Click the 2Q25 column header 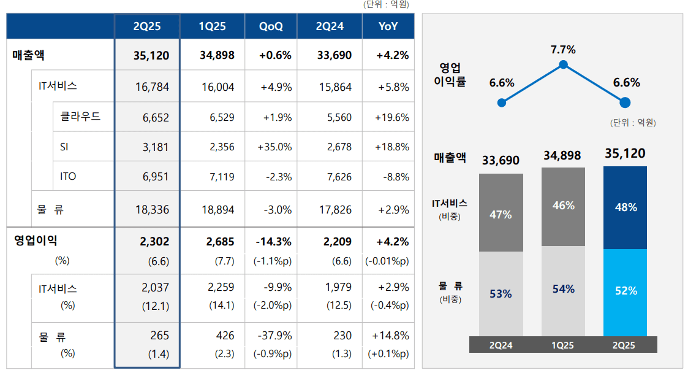coord(147,26)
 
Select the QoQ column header coord(271,26)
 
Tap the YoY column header coord(388,26)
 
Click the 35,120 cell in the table coord(151,56)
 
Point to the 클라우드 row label coord(80,117)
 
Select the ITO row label coord(69,177)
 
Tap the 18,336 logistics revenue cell coord(152,210)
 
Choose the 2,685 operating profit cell coord(217,242)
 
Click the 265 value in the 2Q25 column coord(159,336)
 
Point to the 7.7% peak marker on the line coord(563,64)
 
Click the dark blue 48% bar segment coord(626,207)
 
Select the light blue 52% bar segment coord(626,291)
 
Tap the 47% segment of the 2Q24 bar coord(501,215)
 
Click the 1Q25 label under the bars coord(563,345)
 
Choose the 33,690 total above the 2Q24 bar coord(501,161)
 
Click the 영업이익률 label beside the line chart coord(453,74)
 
